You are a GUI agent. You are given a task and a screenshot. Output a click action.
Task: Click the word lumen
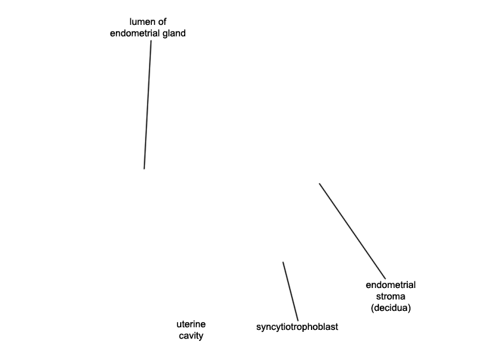(x=141, y=22)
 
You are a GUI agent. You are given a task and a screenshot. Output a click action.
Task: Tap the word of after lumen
(x=162, y=22)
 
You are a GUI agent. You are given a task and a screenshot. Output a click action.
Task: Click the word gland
(x=173, y=33)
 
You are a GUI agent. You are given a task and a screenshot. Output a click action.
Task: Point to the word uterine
(x=191, y=324)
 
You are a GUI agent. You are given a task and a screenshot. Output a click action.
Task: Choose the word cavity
(x=191, y=336)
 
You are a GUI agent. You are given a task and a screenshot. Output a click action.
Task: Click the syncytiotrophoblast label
(x=297, y=327)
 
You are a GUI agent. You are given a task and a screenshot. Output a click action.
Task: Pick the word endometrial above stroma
(x=391, y=285)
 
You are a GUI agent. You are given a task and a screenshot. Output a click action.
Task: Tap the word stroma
(x=391, y=296)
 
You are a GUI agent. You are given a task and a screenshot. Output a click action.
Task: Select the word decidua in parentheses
(x=391, y=308)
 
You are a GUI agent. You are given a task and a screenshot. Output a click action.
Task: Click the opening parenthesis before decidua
(x=373, y=308)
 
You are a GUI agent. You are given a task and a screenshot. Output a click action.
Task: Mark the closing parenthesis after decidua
(x=409, y=308)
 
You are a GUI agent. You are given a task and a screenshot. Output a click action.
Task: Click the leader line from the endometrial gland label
(x=147, y=105)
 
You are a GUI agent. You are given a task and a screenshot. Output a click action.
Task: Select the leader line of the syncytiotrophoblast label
(x=291, y=291)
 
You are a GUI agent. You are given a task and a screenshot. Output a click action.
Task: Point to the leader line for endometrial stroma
(x=352, y=231)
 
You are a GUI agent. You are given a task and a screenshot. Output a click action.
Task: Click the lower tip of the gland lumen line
(x=144, y=169)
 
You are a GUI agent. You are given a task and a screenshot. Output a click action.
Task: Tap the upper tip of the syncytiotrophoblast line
(x=283, y=262)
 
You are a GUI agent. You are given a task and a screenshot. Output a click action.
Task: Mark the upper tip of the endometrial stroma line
(x=319, y=183)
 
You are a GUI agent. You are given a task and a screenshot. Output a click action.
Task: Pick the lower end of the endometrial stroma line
(x=386, y=279)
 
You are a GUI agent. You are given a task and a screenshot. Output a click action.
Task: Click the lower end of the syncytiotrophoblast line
(x=298, y=321)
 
